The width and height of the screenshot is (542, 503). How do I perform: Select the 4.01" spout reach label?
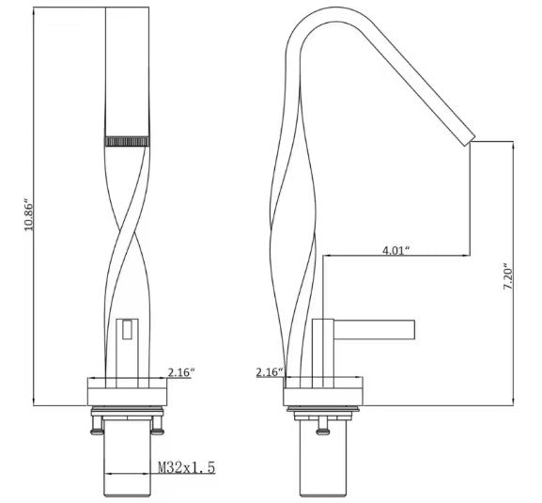tap(396, 250)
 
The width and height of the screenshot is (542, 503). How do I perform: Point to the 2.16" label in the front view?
tap(180, 373)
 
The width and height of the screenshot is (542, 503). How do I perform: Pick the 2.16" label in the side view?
tap(269, 373)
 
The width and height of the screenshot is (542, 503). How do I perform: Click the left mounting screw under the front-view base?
tap(96, 428)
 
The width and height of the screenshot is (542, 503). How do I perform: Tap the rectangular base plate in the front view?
tap(127, 392)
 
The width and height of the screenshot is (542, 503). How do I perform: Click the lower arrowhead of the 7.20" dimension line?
tap(513, 401)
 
